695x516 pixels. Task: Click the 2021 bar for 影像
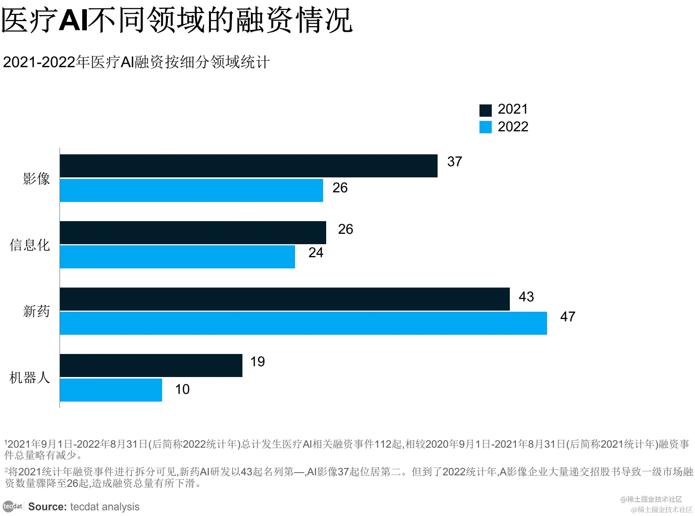(249, 166)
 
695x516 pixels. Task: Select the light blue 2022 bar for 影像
(191, 190)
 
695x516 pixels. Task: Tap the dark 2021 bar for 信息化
(193, 233)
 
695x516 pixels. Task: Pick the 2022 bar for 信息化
(177, 257)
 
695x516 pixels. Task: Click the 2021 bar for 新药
(285, 299)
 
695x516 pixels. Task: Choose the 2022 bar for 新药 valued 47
(304, 323)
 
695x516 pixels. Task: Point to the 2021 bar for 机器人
(151, 365)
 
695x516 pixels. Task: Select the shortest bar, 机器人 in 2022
(111, 390)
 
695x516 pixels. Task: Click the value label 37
(454, 162)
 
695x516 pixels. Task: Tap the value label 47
(567, 317)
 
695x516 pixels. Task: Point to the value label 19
(257, 362)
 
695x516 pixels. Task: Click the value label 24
(316, 253)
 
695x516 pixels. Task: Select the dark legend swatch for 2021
(485, 110)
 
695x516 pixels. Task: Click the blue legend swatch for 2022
(485, 127)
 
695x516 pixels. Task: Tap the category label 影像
(36, 179)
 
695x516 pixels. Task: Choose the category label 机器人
(30, 378)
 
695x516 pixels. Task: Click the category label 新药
(36, 311)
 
